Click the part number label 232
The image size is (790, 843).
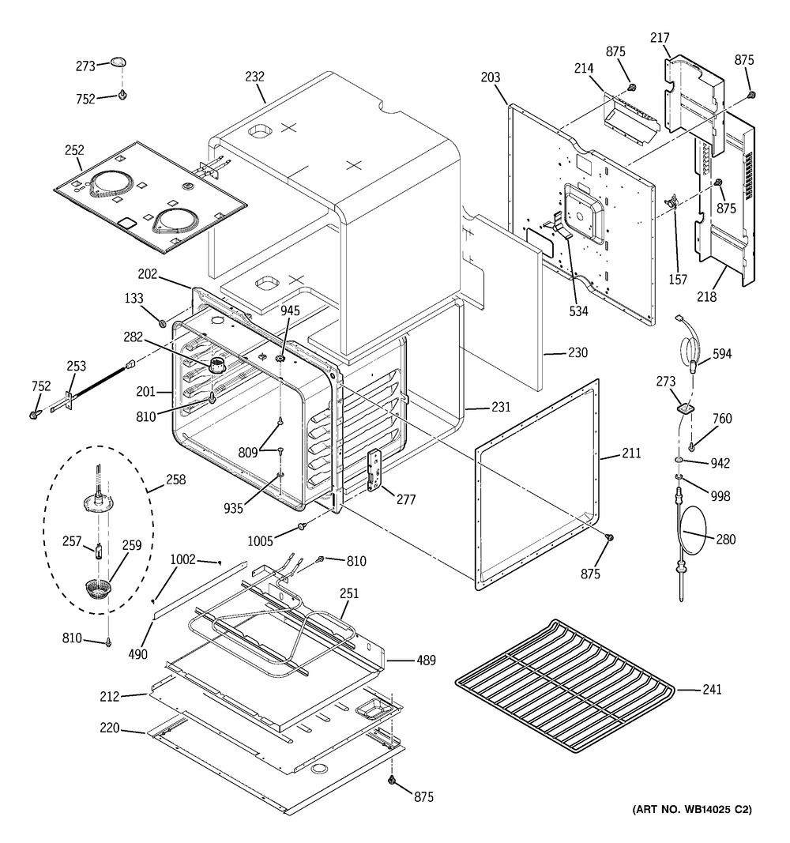254,77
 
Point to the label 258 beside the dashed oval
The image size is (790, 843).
176,480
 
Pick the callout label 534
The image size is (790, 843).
578,310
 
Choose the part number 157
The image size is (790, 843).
677,280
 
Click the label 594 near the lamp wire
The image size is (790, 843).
721,354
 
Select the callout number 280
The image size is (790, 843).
726,540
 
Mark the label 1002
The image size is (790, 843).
182,559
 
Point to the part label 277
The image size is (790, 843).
407,500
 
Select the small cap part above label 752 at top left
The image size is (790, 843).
118,62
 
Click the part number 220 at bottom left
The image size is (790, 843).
109,728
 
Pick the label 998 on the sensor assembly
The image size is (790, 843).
720,496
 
